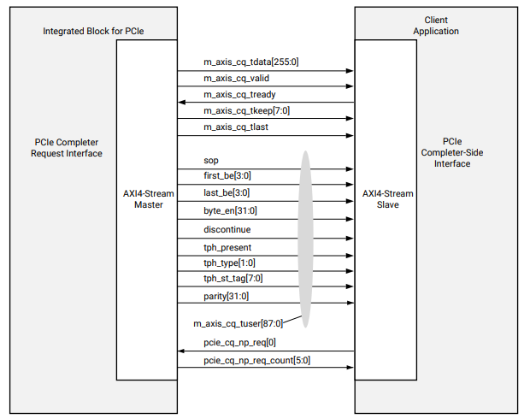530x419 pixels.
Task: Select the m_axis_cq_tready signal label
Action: [239, 94]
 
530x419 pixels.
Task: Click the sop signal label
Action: [210, 160]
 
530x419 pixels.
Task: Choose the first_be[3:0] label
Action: [227, 176]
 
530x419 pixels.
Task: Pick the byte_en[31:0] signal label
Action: [229, 209]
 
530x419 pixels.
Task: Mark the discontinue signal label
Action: [227, 229]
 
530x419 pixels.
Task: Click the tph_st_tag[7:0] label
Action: [233, 279]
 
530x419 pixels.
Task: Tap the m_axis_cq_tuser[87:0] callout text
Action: [238, 324]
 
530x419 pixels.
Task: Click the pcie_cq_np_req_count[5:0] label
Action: [256, 360]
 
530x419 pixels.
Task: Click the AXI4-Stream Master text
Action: [148, 198]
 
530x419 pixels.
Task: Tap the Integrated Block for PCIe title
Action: [93, 31]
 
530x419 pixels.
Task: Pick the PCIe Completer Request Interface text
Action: [66, 147]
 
